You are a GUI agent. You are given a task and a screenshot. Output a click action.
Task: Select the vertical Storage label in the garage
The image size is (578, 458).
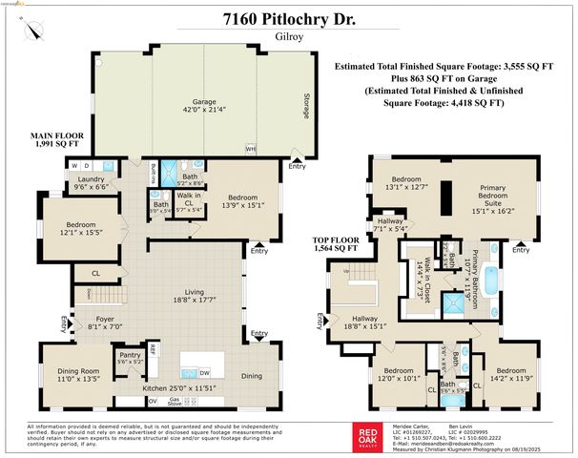click(306, 108)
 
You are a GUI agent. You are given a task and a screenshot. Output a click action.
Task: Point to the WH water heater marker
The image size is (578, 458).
click(250, 149)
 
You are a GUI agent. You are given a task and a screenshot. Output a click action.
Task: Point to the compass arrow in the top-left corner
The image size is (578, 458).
click(34, 29)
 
